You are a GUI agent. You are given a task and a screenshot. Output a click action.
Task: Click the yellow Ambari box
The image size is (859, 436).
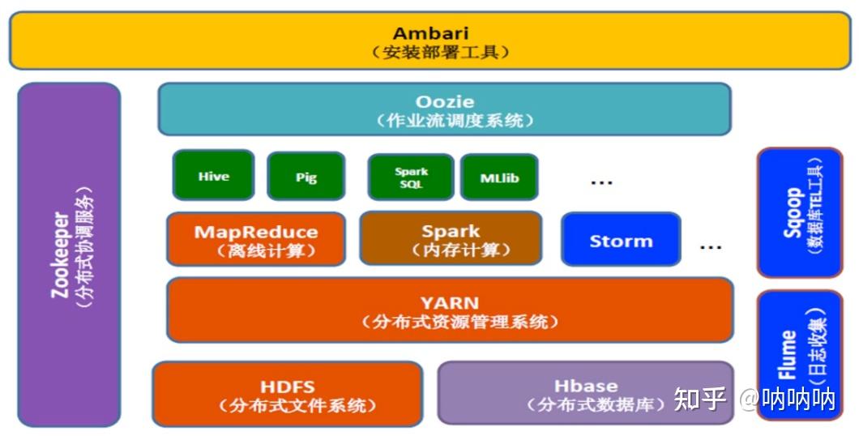click(x=430, y=41)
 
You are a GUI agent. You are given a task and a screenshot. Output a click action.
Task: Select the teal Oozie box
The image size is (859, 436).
click(x=444, y=109)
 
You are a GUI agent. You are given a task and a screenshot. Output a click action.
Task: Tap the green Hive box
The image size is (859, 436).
click(x=214, y=175)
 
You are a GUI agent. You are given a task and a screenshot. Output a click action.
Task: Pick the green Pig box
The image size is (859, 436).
click(x=306, y=177)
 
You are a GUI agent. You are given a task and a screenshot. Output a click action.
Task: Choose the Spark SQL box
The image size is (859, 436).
click(x=411, y=177)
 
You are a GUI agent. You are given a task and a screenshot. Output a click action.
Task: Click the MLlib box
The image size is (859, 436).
click(x=499, y=177)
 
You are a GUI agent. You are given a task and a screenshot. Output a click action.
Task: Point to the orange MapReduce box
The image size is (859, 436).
click(x=256, y=239)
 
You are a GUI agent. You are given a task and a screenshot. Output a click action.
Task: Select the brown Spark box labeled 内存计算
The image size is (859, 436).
click(x=451, y=238)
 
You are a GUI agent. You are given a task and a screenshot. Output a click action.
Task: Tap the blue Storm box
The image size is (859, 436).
click(x=621, y=240)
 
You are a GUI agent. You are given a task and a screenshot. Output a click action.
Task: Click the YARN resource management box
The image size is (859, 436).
click(x=450, y=310)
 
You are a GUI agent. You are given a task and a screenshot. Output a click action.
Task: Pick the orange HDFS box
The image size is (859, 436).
click(x=288, y=394)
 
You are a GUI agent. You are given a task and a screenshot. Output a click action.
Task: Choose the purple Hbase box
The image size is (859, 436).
click(x=586, y=393)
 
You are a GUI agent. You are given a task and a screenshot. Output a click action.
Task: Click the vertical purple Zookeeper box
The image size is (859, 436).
click(x=69, y=254)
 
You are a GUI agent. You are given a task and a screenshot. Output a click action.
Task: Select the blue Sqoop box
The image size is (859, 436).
click(x=800, y=212)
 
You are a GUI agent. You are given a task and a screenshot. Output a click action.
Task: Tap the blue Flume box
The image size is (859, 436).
click(x=800, y=355)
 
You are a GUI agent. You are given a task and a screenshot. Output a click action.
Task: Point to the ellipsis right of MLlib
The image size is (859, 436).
click(x=601, y=182)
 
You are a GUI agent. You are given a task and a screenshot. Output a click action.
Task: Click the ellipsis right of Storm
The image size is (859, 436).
click(x=711, y=247)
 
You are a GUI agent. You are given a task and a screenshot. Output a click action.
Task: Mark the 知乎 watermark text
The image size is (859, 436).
click(x=699, y=398)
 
